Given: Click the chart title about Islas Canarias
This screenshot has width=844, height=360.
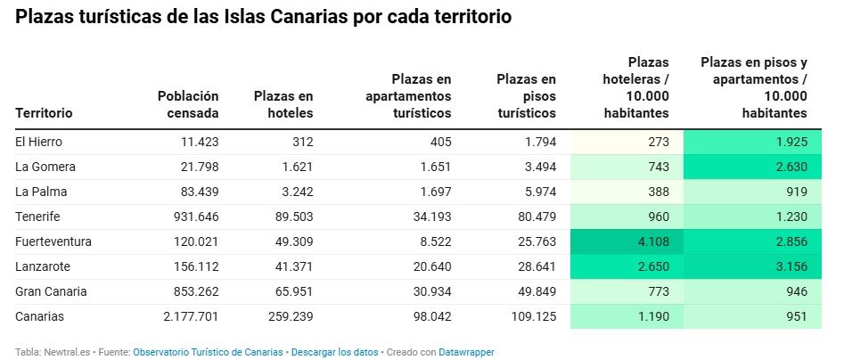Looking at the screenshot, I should pyautogui.click(x=264, y=18).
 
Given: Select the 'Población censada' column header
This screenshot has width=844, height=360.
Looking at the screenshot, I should pyautogui.click(x=188, y=104).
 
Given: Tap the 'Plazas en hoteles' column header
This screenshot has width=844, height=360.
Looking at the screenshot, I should pyautogui.click(x=283, y=104).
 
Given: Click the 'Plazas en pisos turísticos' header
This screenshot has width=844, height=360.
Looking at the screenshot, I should pyautogui.click(x=526, y=96).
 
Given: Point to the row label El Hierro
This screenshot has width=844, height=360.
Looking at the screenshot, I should pyautogui.click(x=38, y=142).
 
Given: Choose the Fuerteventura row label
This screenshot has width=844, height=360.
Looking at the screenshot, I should pyautogui.click(x=53, y=241).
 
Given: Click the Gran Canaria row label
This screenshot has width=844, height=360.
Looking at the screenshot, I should pyautogui.click(x=51, y=291).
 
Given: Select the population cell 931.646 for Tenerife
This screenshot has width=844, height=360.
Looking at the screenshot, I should pyautogui.click(x=194, y=217).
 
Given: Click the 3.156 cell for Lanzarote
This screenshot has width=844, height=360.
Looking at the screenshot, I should pyautogui.click(x=789, y=266).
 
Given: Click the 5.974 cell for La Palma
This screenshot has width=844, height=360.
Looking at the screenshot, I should pyautogui.click(x=538, y=192).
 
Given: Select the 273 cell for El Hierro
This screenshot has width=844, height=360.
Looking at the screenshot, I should pyautogui.click(x=658, y=142).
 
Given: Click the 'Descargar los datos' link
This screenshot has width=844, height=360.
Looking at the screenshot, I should pyautogui.click(x=335, y=352).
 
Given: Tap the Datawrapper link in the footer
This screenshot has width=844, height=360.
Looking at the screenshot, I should pyautogui.click(x=466, y=352).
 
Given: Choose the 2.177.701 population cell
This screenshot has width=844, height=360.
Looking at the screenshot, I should pyautogui.click(x=188, y=316).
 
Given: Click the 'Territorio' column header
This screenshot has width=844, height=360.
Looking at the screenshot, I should pyautogui.click(x=44, y=113).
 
